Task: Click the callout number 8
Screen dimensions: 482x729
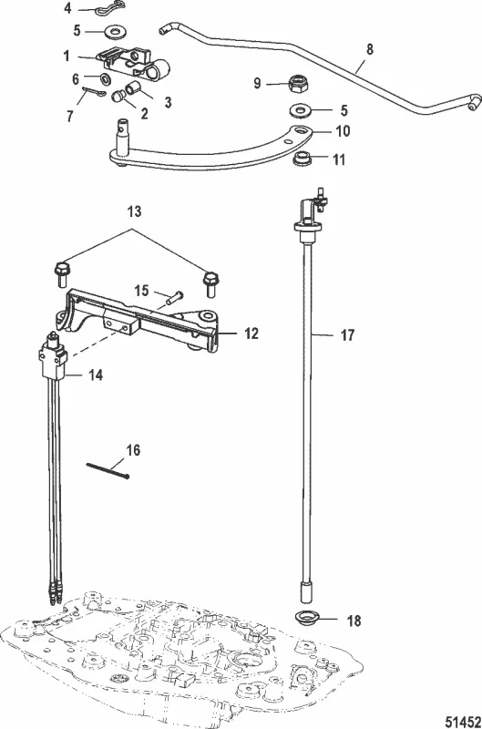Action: (370, 49)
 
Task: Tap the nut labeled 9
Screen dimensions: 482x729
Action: (296, 84)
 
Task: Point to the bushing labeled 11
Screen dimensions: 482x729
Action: (303, 159)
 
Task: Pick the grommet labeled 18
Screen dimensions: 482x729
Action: (308, 619)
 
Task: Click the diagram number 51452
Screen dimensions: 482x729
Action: (463, 722)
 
